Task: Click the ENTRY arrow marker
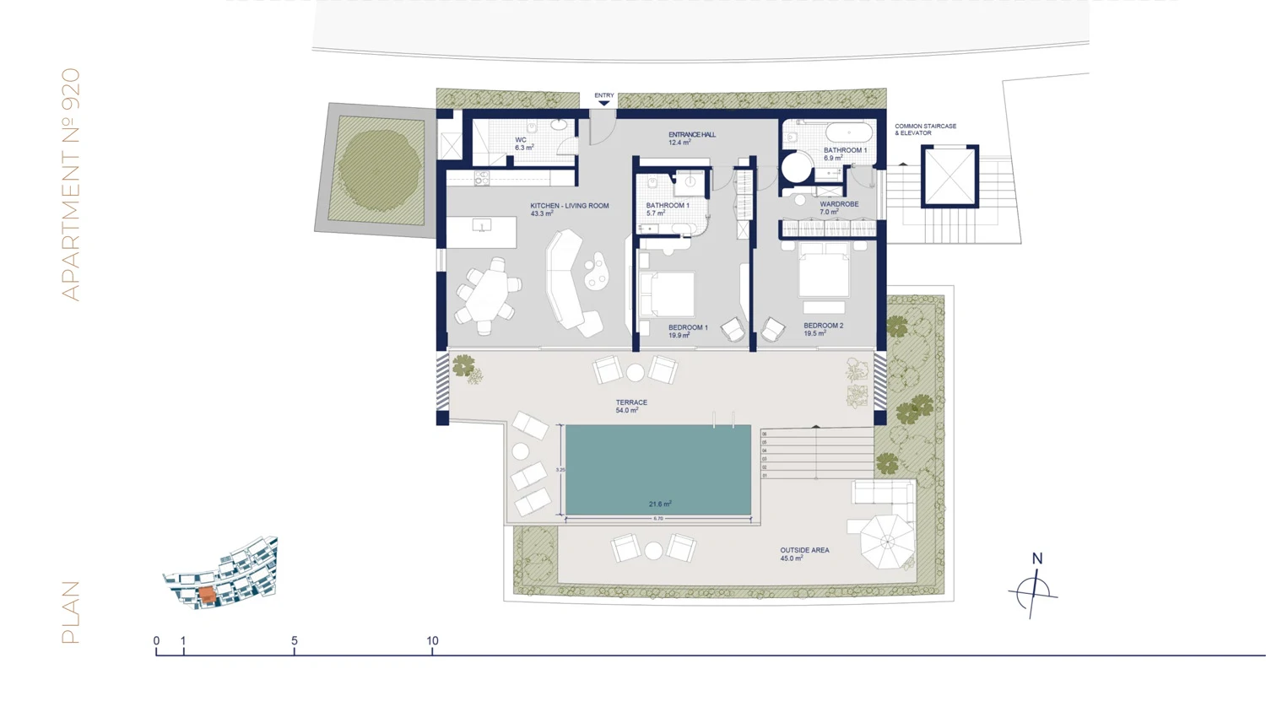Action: (x=603, y=103)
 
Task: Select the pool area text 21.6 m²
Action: (x=660, y=504)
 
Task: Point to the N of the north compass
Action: (x=1037, y=558)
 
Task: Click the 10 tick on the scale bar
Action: (x=432, y=641)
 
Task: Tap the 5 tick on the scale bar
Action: (x=295, y=641)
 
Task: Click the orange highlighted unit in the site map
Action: (x=208, y=596)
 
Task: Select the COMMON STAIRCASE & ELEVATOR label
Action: (x=925, y=129)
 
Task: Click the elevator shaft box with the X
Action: (x=949, y=175)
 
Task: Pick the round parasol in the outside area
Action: (x=887, y=541)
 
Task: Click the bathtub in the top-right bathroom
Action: (x=848, y=133)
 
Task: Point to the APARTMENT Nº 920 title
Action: (x=71, y=184)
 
